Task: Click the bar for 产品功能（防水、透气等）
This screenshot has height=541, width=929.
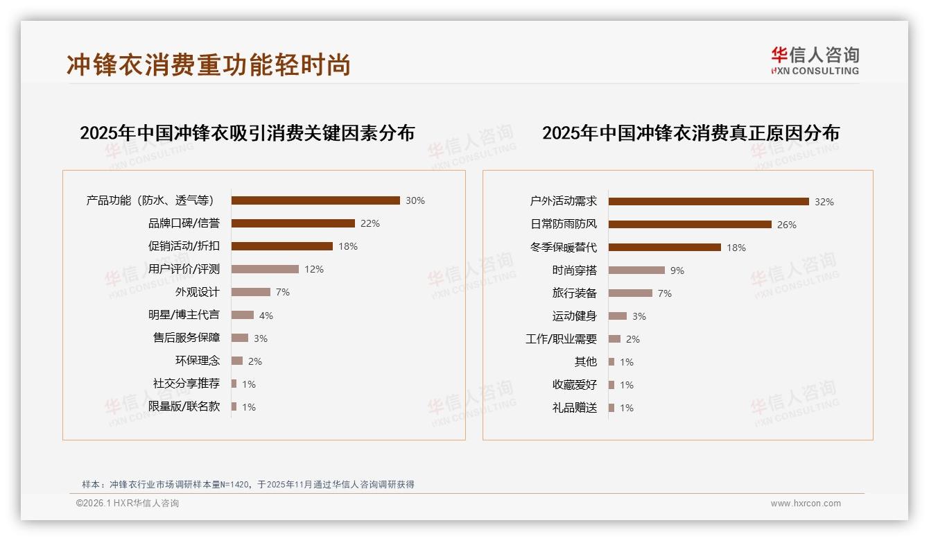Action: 315,200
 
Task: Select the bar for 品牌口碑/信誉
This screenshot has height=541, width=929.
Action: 293,223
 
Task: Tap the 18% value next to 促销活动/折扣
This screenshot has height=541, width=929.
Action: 348,246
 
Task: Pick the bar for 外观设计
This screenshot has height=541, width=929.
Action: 250,292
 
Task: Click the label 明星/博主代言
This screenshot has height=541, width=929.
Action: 184,315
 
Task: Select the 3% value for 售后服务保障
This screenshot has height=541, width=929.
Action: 260,338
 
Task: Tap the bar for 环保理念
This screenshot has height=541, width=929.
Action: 237,361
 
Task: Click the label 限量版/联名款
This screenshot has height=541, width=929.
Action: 184,406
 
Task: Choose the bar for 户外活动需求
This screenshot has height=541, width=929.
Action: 709,202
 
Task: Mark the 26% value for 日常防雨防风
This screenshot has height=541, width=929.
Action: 787,225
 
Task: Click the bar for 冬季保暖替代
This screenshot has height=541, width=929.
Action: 665,248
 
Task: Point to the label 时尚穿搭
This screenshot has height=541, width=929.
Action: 574,270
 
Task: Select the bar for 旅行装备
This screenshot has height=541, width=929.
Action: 630,293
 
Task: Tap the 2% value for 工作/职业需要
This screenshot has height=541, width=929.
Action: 632,339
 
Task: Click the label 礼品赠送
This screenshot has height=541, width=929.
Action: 574,408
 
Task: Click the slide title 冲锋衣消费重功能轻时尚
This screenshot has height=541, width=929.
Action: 209,65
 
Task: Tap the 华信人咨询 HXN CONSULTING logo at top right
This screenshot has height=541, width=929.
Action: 815,61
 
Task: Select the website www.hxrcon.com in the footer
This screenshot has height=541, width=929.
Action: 806,504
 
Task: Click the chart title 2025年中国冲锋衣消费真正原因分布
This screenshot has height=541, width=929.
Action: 691,133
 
